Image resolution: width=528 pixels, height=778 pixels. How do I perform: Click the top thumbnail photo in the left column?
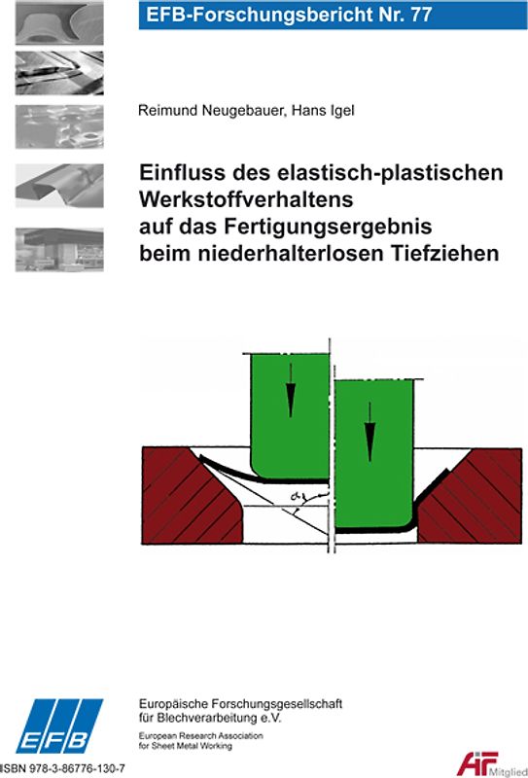[x=59, y=22]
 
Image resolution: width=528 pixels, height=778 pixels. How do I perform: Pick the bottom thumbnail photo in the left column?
[x=59, y=251]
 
